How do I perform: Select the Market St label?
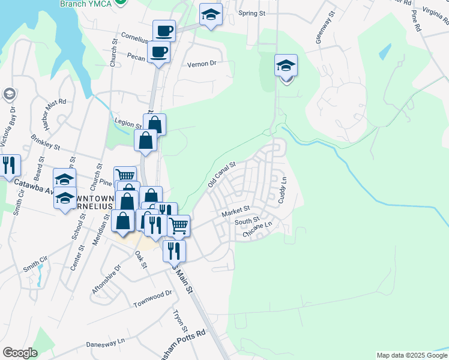tap(235, 212)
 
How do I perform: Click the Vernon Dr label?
tap(201, 63)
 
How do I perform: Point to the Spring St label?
tap(252, 13)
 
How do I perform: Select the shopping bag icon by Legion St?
tap(154, 124)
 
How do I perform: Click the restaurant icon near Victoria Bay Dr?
tap(9, 165)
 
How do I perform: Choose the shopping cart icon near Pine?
tap(125, 176)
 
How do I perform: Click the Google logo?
tap(20, 353)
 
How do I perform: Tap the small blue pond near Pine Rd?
tap(385, 53)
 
